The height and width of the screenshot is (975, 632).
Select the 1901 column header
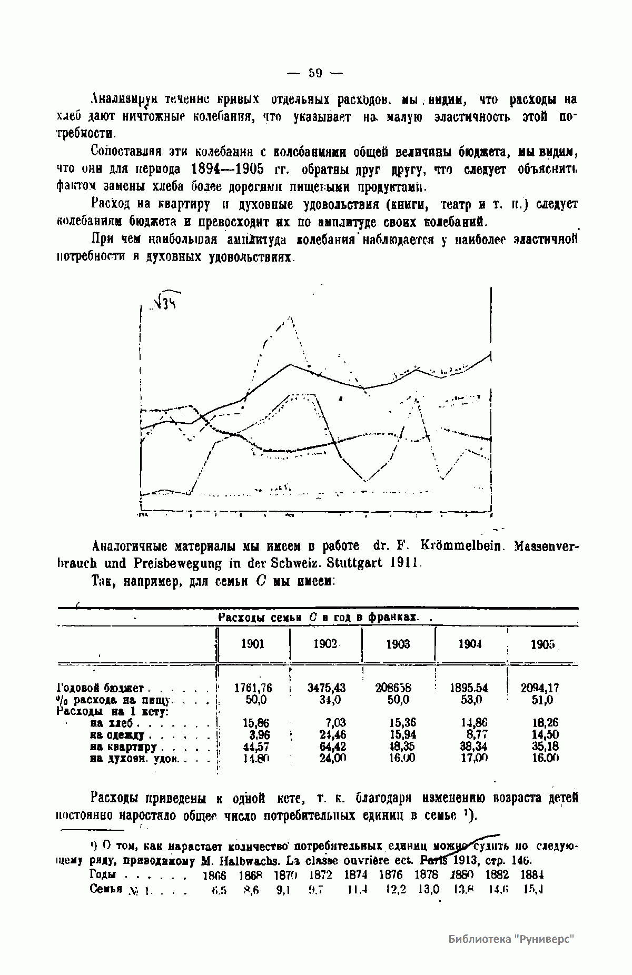pos(252,644)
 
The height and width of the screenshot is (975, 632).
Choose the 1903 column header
pos(398,644)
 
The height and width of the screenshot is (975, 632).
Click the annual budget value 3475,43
pos(326,688)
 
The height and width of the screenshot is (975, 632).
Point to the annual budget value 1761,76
pos(253,688)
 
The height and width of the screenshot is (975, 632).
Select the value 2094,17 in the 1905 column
pos(540,688)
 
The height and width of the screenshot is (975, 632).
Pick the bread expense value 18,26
pos(545,723)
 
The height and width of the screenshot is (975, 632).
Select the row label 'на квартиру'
pos(123,747)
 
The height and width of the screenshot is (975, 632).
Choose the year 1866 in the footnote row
pos(214,875)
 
